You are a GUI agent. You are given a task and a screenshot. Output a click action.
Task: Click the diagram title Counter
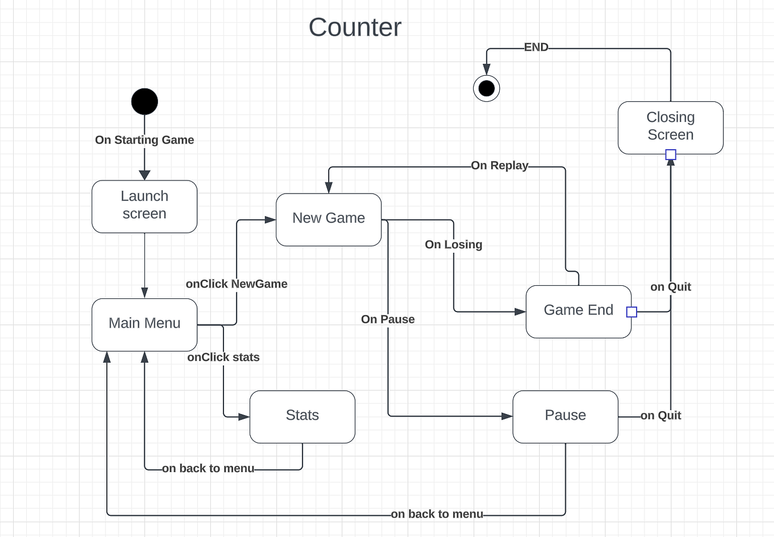click(x=355, y=27)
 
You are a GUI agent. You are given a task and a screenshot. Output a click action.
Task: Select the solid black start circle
click(x=145, y=102)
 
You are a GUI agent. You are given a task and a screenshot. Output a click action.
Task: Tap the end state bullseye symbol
click(x=487, y=88)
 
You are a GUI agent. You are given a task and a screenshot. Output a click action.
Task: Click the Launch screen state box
click(x=145, y=206)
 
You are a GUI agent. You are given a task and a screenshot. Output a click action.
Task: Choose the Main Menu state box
click(x=145, y=324)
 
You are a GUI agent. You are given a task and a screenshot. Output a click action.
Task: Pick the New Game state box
click(x=328, y=219)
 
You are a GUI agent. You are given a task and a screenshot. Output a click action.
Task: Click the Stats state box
click(x=302, y=416)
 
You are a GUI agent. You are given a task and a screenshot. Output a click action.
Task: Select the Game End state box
click(x=578, y=311)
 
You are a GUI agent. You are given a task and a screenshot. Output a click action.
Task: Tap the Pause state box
click(x=565, y=416)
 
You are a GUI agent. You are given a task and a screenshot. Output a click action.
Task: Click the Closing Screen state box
click(x=670, y=127)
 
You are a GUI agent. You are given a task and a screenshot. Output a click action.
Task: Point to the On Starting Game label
click(x=145, y=140)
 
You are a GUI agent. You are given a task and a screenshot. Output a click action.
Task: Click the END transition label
click(x=536, y=48)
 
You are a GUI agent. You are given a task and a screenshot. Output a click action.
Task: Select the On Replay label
click(x=499, y=166)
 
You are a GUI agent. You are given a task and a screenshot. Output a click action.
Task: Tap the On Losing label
click(x=454, y=245)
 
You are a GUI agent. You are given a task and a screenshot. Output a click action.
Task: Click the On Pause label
click(x=388, y=319)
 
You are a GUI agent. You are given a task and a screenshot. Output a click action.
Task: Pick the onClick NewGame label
click(x=237, y=284)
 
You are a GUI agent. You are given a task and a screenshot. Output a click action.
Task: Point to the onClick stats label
click(x=223, y=358)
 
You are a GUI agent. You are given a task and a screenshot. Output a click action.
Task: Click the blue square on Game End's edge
click(x=632, y=311)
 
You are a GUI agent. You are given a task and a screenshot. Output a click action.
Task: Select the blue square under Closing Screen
click(x=671, y=155)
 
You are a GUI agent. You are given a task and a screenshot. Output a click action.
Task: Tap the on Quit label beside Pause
click(x=661, y=416)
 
